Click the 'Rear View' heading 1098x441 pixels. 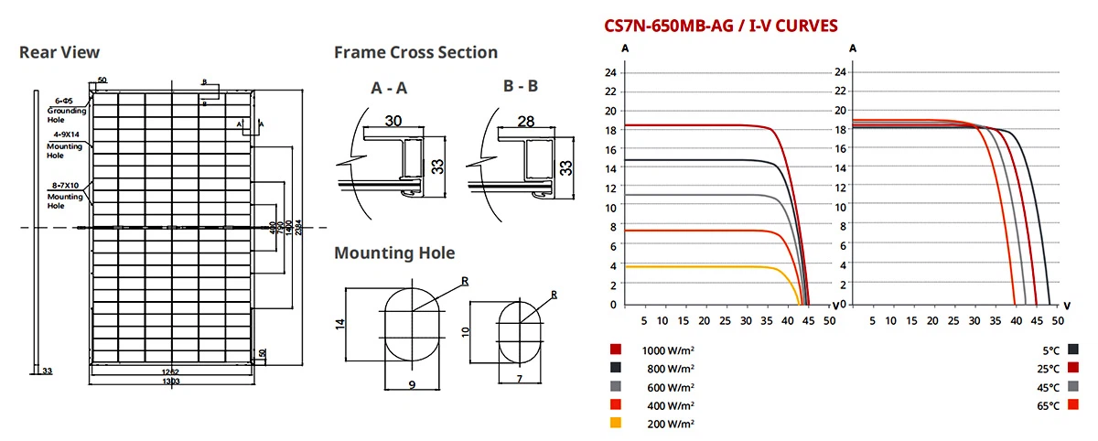59,52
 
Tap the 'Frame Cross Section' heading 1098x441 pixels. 415,52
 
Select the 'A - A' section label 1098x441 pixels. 389,89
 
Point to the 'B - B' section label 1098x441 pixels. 520,87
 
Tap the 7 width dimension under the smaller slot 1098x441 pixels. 518,378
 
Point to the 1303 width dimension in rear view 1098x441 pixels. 170,381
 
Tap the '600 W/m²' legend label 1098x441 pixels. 669,386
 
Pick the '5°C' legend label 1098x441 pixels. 1049,350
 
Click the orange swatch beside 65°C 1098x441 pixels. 1072,404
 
